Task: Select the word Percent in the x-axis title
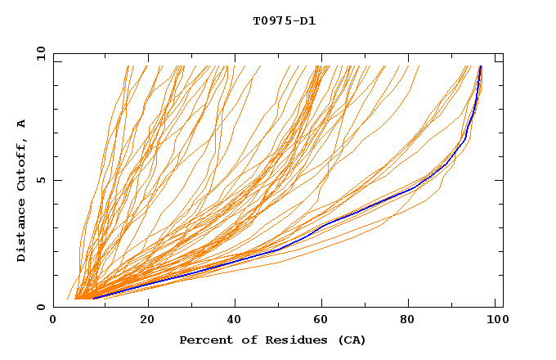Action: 203,340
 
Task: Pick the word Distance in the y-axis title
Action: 22,228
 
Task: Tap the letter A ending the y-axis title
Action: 22,124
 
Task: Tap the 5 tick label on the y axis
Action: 41,181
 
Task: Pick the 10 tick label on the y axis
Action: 38,54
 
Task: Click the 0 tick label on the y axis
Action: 41,308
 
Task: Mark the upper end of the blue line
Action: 481,66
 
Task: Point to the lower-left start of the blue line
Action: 93,298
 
